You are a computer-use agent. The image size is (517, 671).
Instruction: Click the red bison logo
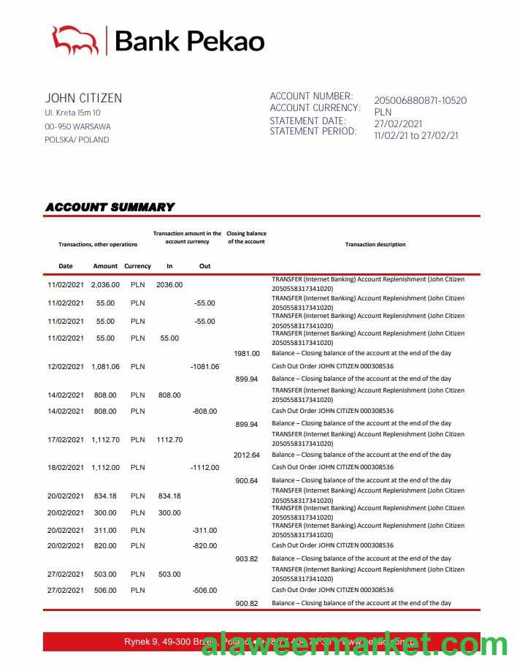pyautogui.click(x=74, y=40)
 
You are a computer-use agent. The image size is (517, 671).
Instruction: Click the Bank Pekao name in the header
pyautogui.click(x=189, y=42)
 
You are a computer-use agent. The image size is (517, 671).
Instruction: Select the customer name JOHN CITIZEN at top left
pyautogui.click(x=83, y=98)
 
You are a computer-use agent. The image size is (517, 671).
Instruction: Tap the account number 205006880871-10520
pyautogui.click(x=420, y=101)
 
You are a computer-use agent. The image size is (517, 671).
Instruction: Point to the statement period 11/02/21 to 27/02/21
pyautogui.click(x=415, y=135)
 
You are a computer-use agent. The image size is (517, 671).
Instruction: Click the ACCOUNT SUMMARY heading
pyautogui.click(x=110, y=207)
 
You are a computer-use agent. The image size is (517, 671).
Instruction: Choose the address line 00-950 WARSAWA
pyautogui.click(x=77, y=126)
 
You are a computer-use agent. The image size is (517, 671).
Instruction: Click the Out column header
pyautogui.click(x=204, y=266)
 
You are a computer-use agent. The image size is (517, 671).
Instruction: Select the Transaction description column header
pyautogui.click(x=375, y=244)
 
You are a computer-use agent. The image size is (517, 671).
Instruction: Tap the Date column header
pyautogui.click(x=66, y=266)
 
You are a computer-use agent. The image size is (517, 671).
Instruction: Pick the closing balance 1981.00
pyautogui.click(x=247, y=354)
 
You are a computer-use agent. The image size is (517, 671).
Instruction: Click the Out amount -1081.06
pyautogui.click(x=204, y=367)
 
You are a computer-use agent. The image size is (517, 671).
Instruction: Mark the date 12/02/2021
pyautogui.click(x=66, y=367)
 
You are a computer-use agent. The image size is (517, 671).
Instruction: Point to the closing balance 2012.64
pyautogui.click(x=247, y=455)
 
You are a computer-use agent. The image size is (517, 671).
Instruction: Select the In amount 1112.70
pyautogui.click(x=169, y=440)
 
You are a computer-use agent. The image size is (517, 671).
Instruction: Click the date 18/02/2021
pyautogui.click(x=66, y=468)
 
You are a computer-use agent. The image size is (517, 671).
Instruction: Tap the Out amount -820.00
pyautogui.click(x=204, y=546)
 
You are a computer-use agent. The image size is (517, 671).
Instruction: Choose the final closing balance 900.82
pyautogui.click(x=247, y=604)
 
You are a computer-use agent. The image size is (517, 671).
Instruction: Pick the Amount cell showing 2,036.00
pyautogui.click(x=105, y=285)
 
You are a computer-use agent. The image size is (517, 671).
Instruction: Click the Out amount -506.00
pyautogui.click(x=204, y=591)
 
